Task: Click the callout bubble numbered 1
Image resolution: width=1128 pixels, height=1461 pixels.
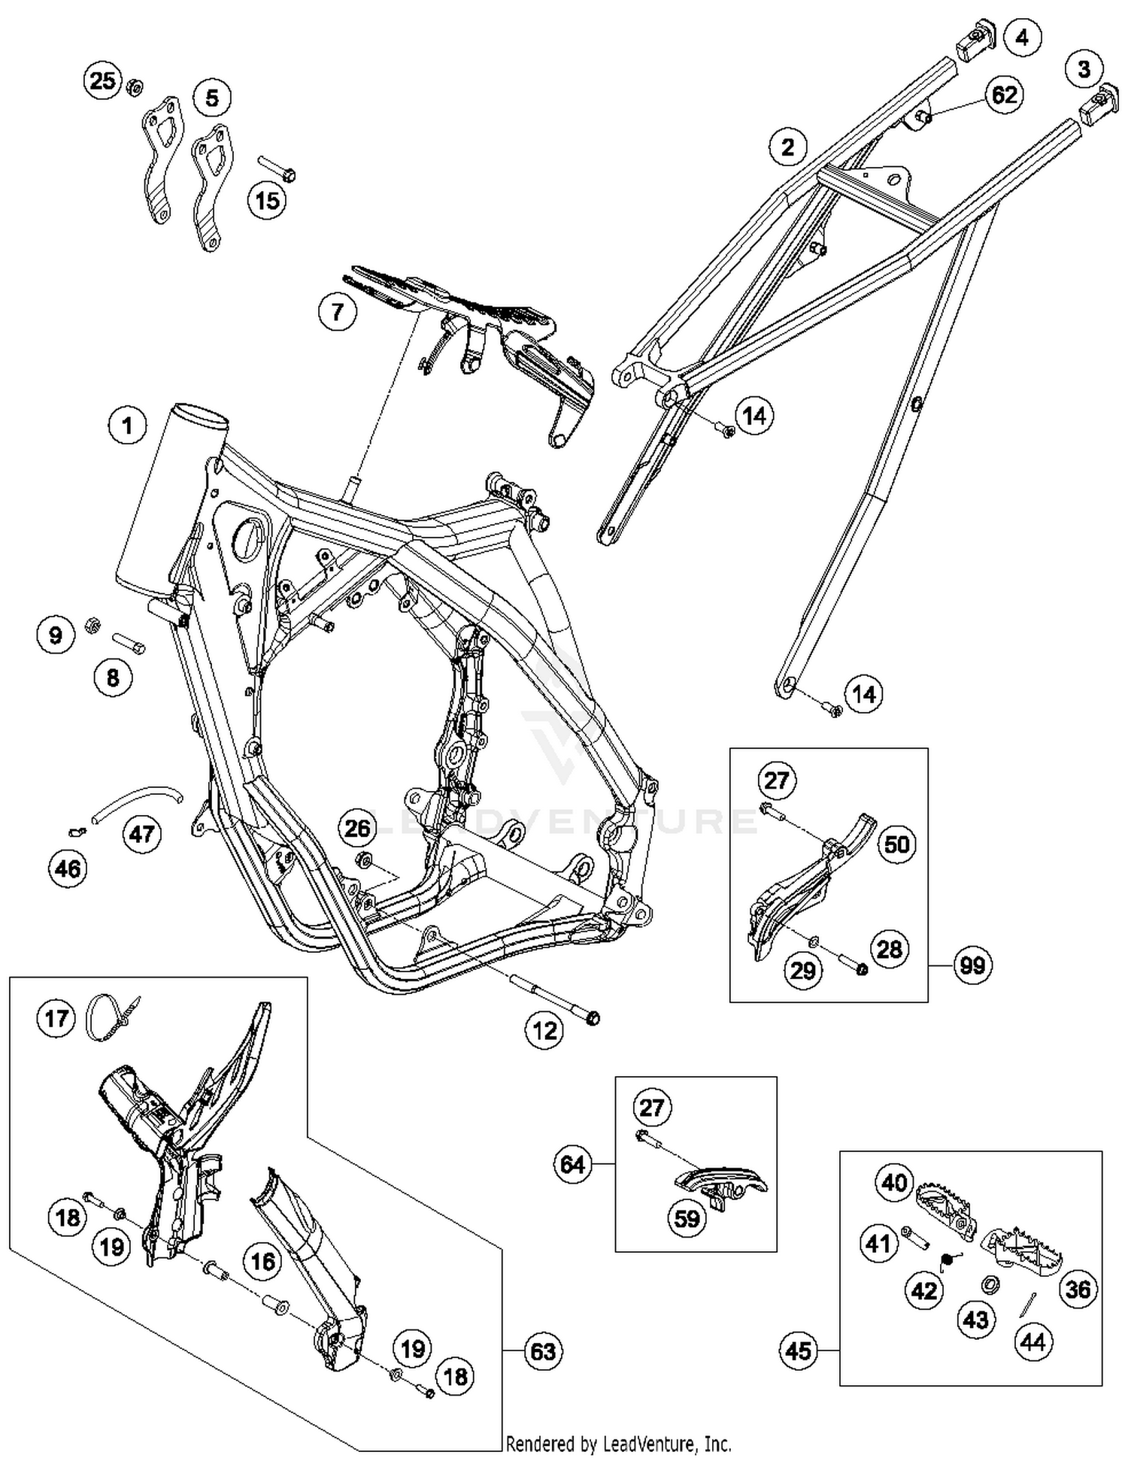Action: click(x=127, y=426)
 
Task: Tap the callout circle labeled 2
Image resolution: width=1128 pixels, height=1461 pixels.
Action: click(x=787, y=147)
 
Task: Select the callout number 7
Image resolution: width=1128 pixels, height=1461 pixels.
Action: click(x=337, y=311)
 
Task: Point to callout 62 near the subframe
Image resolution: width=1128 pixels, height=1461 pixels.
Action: click(x=1005, y=95)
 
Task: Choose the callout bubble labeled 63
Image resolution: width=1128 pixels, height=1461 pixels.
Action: click(x=543, y=1351)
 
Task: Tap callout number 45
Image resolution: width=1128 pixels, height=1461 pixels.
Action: click(x=799, y=1350)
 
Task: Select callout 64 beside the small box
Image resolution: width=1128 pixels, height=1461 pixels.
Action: click(x=573, y=1165)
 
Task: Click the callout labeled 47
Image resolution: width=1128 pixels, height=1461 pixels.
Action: click(x=142, y=833)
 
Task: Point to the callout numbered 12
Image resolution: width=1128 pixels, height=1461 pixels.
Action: click(x=544, y=1030)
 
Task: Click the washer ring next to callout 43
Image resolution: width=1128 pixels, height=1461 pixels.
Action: click(x=990, y=1284)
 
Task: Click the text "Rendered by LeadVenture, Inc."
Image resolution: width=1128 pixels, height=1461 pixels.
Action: click(x=618, y=1444)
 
